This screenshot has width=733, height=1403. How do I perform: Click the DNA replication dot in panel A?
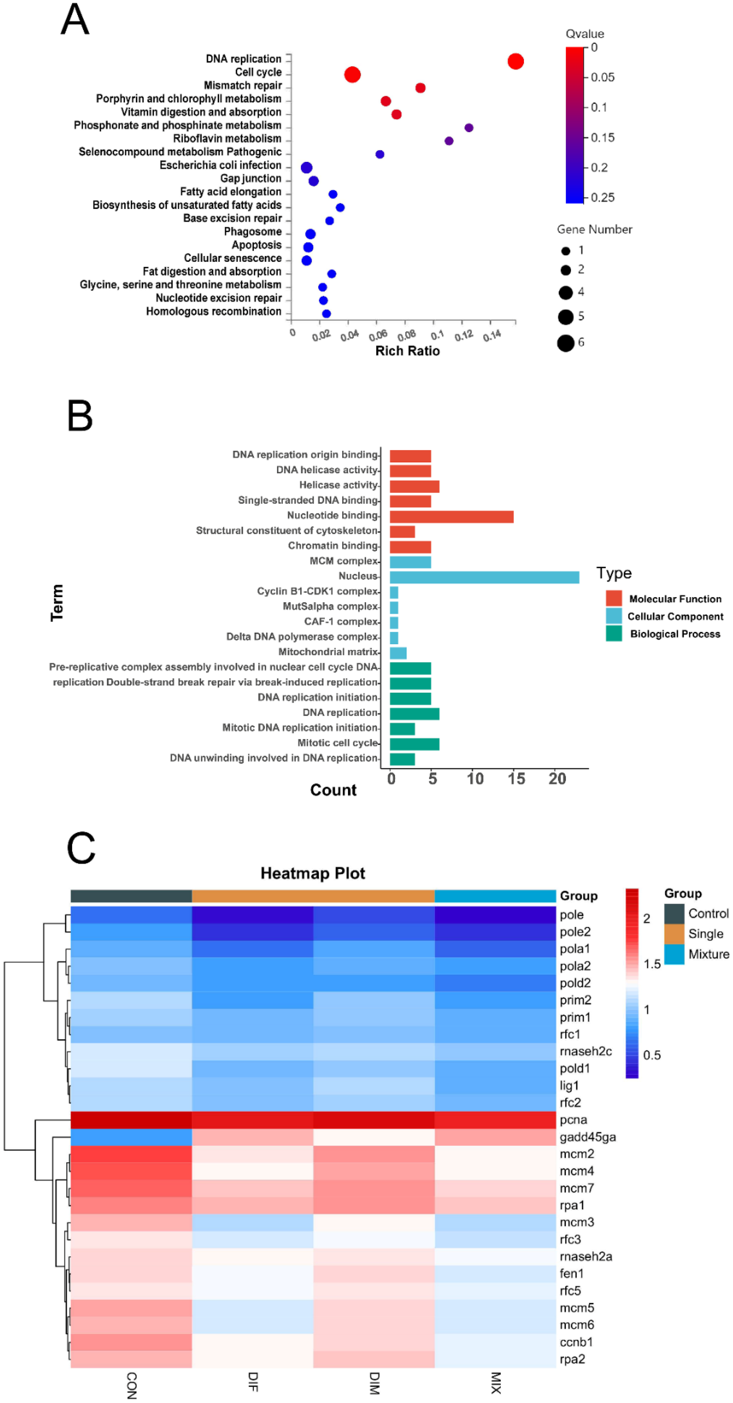click(515, 61)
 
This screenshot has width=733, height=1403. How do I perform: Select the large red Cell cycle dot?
click(352, 75)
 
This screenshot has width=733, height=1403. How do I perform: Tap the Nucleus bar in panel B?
click(484, 577)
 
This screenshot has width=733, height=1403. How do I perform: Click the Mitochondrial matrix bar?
click(398, 652)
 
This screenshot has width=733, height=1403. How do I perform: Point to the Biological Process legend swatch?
click(614, 633)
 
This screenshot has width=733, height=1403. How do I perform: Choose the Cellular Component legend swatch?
click(614, 616)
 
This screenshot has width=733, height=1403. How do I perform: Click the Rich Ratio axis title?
click(407, 351)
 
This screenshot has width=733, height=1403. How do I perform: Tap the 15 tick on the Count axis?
click(516, 779)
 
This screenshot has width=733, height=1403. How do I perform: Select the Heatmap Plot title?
click(313, 873)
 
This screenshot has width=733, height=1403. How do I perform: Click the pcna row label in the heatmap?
click(573, 1120)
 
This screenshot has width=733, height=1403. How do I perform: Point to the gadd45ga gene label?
click(587, 1137)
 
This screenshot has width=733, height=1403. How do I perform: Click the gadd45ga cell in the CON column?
click(131, 1137)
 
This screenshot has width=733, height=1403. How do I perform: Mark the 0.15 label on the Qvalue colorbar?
click(602, 137)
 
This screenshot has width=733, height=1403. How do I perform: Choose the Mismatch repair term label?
click(243, 85)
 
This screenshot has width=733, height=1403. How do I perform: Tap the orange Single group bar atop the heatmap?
click(313, 896)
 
